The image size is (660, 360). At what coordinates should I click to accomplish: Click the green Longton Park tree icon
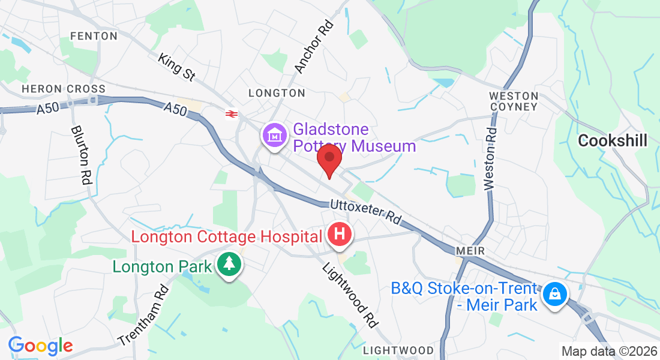coord(228,265)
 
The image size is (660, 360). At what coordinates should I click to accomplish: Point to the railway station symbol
coord(230,113)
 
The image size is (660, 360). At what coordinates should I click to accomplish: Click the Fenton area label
coord(94,36)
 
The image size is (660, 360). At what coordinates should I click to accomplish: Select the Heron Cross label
coord(64,89)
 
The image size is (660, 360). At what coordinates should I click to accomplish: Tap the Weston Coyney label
coord(514,101)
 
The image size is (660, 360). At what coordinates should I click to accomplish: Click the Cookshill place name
coord(613,141)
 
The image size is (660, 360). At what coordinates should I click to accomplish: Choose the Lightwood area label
coord(398,350)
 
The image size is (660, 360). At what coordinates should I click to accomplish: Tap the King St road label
coord(177,67)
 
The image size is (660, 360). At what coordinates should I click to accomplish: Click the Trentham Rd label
coord(143,314)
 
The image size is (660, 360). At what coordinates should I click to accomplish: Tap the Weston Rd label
coord(491,158)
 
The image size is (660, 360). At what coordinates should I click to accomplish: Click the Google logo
coord(41,346)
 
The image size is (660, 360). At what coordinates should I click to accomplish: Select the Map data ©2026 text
coord(608,351)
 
